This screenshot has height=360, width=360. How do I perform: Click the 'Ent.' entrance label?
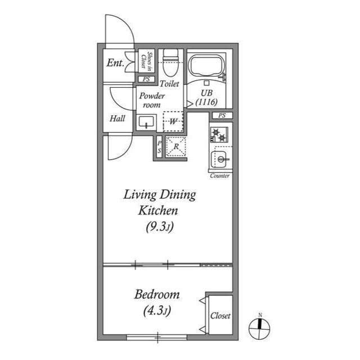click(115, 63)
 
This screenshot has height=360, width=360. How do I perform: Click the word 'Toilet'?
click(169, 83)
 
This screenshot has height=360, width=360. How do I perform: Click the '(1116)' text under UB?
click(206, 103)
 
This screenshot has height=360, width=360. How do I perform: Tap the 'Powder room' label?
click(151, 100)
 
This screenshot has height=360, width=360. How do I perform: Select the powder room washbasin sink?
click(147, 121)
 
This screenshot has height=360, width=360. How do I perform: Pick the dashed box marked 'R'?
click(176, 146)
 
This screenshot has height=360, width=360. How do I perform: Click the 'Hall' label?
click(118, 118)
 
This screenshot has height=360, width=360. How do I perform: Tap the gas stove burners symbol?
click(218, 135)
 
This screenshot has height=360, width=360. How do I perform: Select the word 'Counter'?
click(219, 176)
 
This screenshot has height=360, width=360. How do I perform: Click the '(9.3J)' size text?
click(159, 228)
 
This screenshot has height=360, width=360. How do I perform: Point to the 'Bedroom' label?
click(157, 294)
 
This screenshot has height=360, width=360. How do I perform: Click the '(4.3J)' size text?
click(156, 310)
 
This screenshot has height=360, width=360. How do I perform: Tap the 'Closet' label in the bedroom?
click(220, 316)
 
